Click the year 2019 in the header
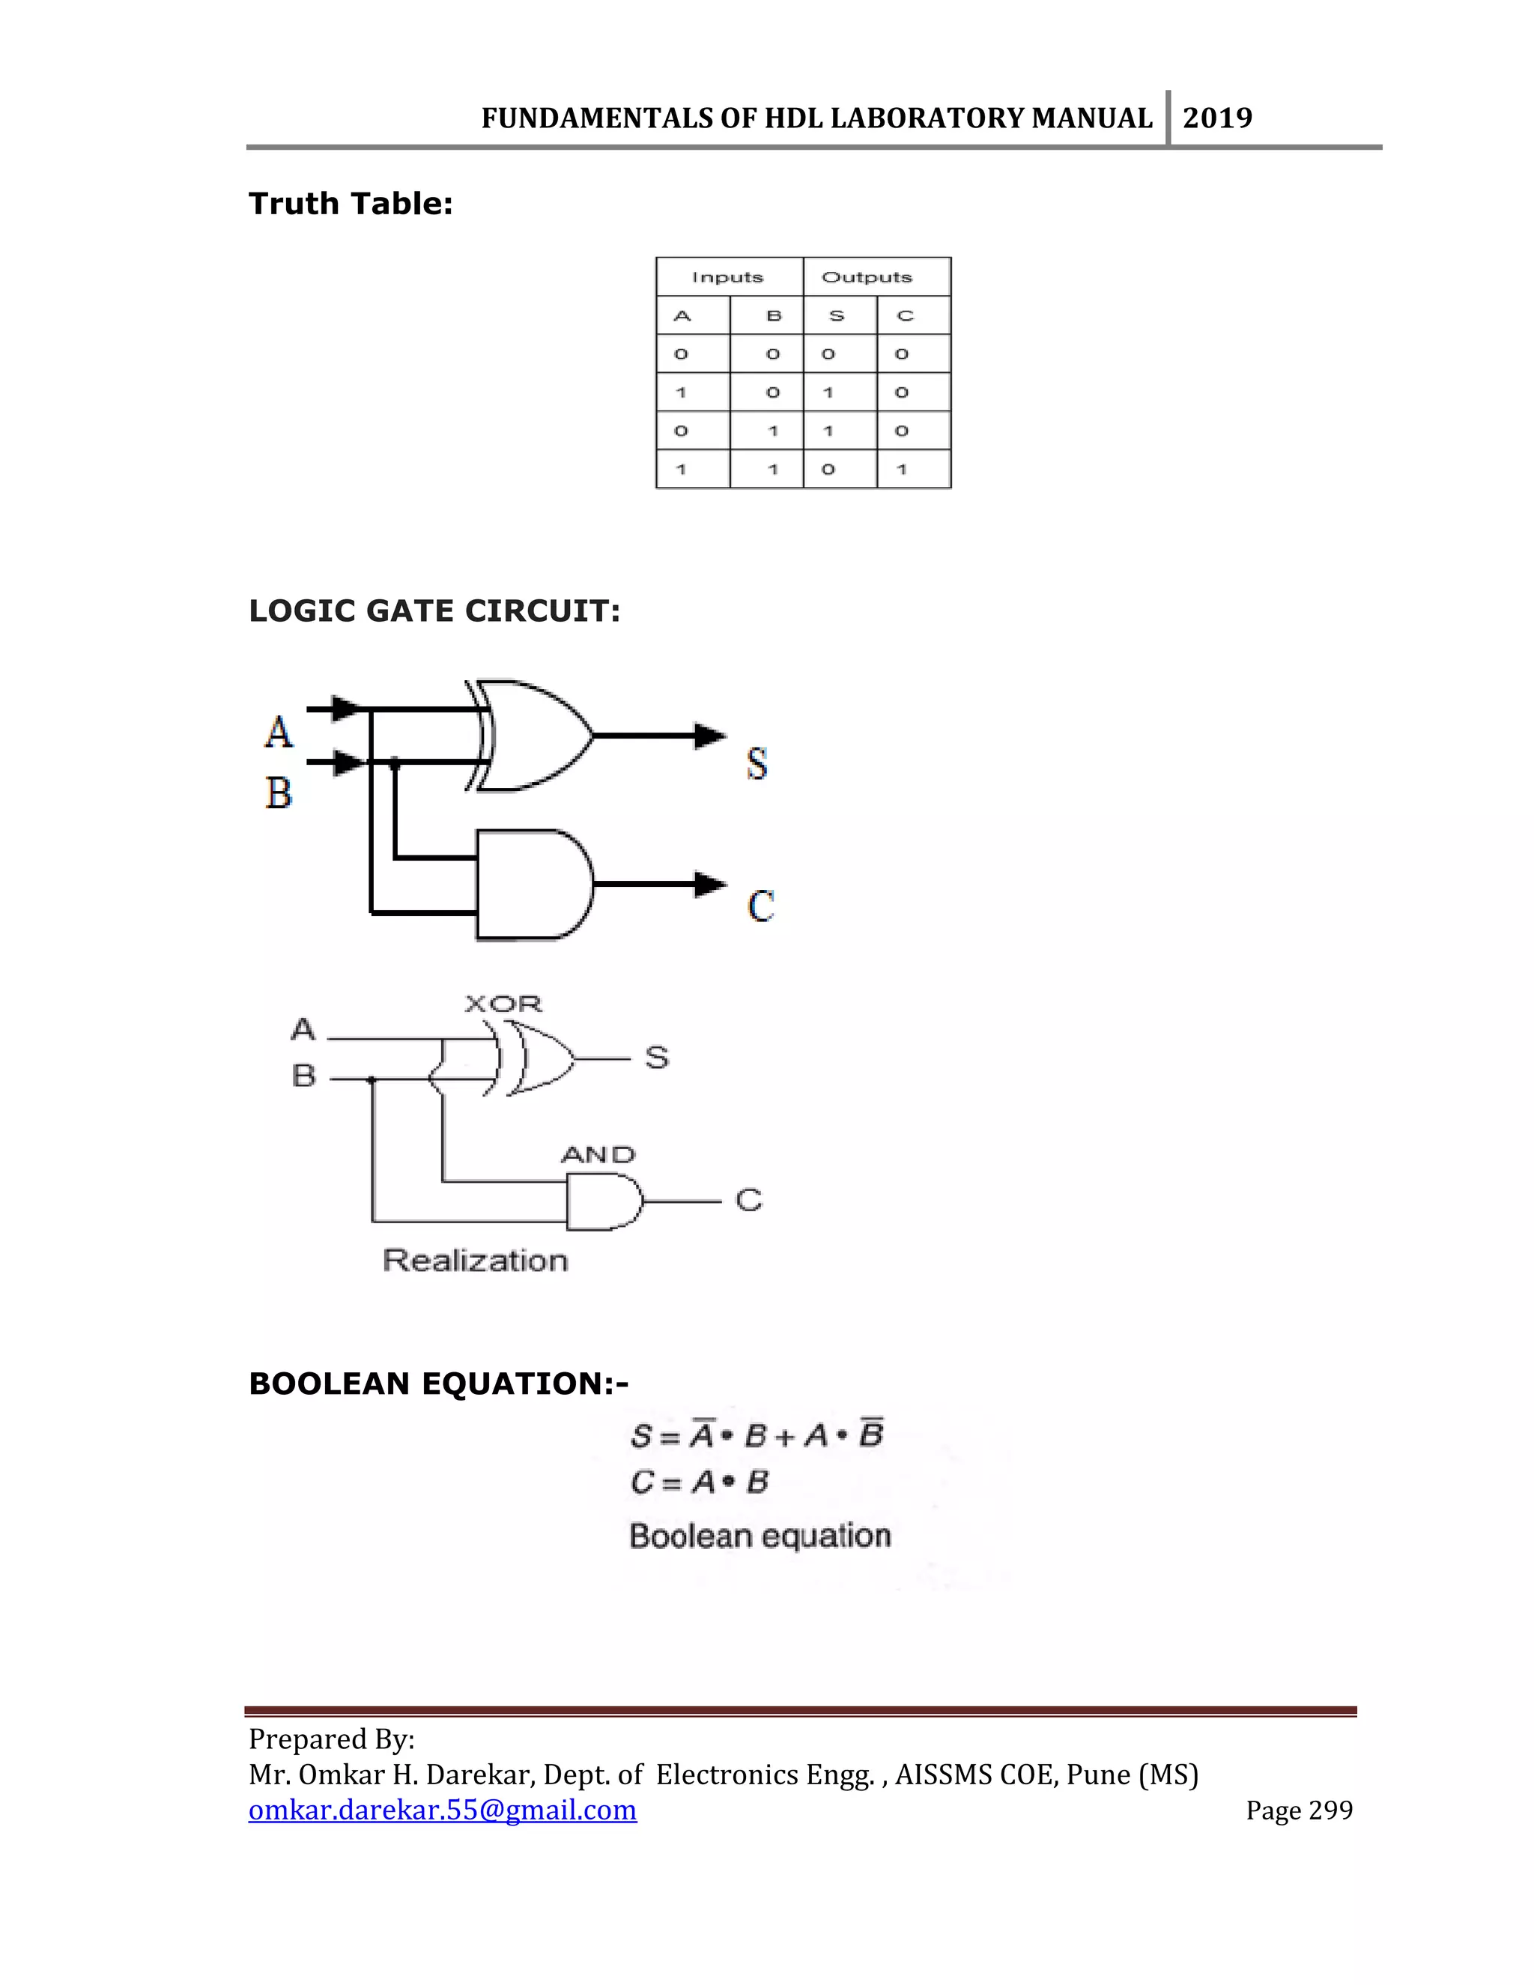click(1217, 118)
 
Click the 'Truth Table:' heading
click(351, 204)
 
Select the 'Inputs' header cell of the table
click(728, 277)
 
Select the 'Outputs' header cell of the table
click(866, 277)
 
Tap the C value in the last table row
click(903, 470)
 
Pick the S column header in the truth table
click(837, 316)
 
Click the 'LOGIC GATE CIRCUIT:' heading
click(434, 610)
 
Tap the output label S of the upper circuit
click(757, 763)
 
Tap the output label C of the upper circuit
click(761, 906)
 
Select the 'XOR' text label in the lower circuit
click(503, 1004)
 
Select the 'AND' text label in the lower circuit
click(597, 1154)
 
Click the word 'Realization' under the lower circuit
click(476, 1261)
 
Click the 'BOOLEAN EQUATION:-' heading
click(438, 1384)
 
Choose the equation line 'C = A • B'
click(699, 1482)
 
